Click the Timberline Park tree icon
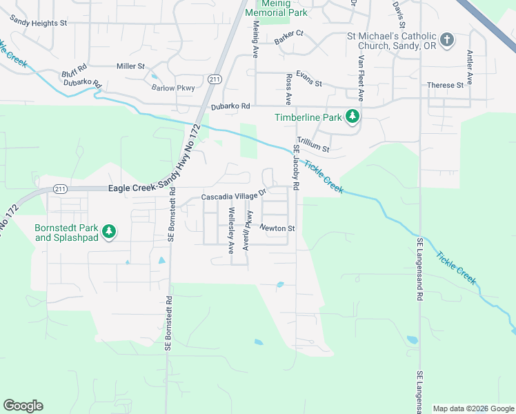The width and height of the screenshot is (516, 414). pos(353,117)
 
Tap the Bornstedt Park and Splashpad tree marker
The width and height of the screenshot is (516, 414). pos(108,232)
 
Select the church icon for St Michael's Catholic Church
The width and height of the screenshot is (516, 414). pos(446,39)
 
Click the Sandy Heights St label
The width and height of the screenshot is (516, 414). pos(39,23)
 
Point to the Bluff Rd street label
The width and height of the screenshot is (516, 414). pos(74,69)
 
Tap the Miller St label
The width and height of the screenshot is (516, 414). pos(130,66)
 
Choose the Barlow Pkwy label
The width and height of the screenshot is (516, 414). pos(173,88)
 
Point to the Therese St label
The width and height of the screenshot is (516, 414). pos(445,86)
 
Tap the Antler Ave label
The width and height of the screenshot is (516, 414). pos(470,67)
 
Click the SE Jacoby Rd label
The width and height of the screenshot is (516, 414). pos(297,167)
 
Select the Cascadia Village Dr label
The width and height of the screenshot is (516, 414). pos(233,196)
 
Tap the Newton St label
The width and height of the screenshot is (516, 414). pos(277,228)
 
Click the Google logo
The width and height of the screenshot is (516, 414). pos(23,406)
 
